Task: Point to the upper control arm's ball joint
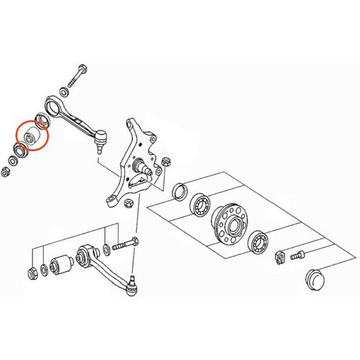pyautogui.click(x=102, y=135)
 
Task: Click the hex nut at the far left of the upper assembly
pyautogui.click(x=6, y=172)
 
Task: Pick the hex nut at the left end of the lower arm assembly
pyautogui.click(x=33, y=273)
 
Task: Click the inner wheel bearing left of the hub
pyautogui.click(x=199, y=206)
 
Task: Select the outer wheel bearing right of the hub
pyautogui.click(x=257, y=240)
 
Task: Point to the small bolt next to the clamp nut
pyautogui.click(x=297, y=253)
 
